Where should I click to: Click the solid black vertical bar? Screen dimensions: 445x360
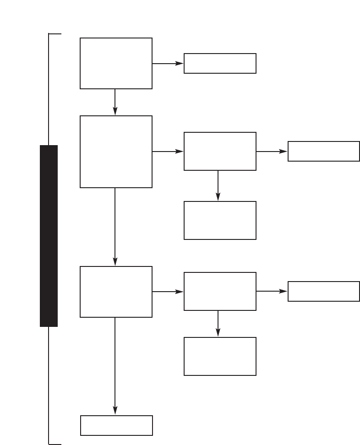pos(49,236)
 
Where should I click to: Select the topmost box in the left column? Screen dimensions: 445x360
pos(116,63)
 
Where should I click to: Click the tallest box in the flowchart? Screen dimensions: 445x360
pos(116,152)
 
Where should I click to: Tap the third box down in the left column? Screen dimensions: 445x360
pos(116,292)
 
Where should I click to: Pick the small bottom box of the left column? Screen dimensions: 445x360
pos(116,425)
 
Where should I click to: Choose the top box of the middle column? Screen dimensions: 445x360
pos(220,63)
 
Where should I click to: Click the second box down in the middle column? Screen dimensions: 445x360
pos(220,151)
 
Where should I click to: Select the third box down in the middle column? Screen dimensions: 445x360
pos(220,220)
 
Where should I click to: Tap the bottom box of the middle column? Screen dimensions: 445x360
pos(220,356)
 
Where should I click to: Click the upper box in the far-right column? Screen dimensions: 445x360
pos(323,151)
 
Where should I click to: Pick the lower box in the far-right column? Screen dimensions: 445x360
pos(323,291)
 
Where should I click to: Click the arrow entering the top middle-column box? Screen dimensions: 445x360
pos(168,63)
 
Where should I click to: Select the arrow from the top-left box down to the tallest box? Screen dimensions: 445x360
pos(115,102)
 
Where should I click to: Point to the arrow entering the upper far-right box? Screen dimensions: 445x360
pos(272,151)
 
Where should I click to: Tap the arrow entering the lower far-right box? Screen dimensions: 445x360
pos(272,291)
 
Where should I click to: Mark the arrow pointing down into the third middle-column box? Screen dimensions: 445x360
pos(218,185)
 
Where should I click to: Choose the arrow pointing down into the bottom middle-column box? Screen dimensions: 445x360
pos(218,323)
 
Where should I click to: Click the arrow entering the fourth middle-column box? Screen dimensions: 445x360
pos(168,291)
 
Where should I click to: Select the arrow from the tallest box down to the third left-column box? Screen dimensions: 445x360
pos(115,227)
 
